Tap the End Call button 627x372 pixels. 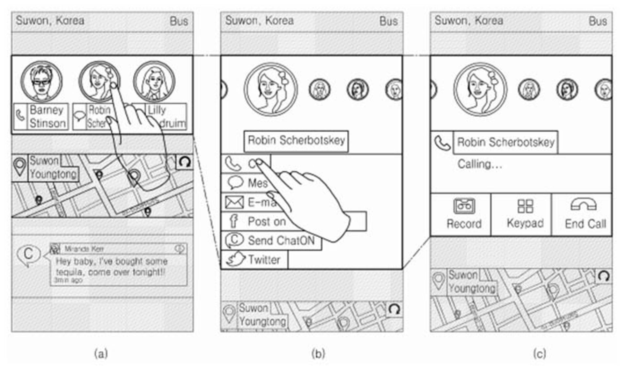coord(583,214)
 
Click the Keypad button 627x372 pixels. coord(525,214)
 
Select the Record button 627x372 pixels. coord(464,214)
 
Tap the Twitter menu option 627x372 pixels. coord(264,260)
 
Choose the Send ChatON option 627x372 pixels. coord(281,241)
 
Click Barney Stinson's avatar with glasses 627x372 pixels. coord(41,81)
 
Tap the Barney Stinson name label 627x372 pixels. coord(47,117)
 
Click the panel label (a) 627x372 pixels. coord(101,354)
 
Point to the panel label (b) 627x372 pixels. coord(318,354)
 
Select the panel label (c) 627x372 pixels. coord(539,354)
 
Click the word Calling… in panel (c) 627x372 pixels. coord(479,164)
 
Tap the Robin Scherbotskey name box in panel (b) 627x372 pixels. coord(296,141)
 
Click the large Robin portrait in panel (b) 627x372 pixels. coord(271,89)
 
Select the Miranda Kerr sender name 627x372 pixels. coord(84,249)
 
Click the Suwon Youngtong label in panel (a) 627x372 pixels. coord(53,168)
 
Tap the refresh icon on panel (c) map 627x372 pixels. coord(603,276)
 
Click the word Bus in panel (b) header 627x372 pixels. coord(388,21)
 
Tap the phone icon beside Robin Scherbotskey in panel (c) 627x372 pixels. coord(442,143)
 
